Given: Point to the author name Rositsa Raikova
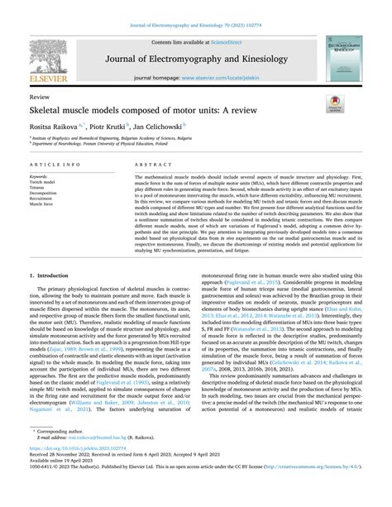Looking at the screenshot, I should [58, 127].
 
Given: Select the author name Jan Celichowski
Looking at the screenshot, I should [178, 127].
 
